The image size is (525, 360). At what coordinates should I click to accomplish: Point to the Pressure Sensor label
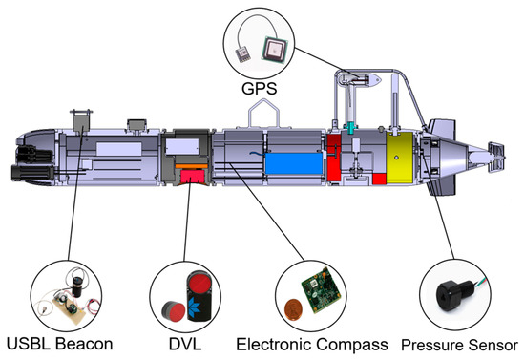[x=460, y=342]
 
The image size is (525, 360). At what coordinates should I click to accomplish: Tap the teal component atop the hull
[x=349, y=126]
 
